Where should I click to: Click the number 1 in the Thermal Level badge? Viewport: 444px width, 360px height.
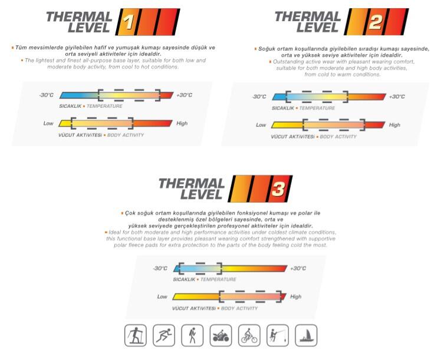pos(129,22)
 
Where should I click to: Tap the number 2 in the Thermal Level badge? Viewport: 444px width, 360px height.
pos(376,22)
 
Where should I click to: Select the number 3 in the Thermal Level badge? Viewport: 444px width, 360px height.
pos(278,189)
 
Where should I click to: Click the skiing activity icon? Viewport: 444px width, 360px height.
pos(136,335)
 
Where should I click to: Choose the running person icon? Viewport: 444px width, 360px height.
pos(164,335)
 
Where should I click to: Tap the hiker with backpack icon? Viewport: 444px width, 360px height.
pos(192,335)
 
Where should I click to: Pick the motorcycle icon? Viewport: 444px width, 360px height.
pos(221,335)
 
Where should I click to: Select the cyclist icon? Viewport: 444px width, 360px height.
pos(249,335)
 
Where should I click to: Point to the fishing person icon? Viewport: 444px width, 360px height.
pos(278,335)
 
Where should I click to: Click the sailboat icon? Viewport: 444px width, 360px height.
pos(306,335)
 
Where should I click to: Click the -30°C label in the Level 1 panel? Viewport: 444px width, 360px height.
pos(47,95)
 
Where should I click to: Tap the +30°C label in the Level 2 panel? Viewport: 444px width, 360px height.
pos(397,97)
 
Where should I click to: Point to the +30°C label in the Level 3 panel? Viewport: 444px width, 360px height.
pos(298,268)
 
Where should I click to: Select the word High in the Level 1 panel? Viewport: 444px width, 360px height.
pos(182,123)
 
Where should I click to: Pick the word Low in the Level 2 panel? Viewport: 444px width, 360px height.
pos(261,125)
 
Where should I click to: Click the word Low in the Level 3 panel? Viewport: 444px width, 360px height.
pos(162,296)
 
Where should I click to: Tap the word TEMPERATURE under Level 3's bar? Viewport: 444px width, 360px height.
pos(218,279)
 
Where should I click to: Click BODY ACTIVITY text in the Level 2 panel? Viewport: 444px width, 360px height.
pos(338,137)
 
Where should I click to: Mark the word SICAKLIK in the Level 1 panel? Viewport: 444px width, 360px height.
pos(70,106)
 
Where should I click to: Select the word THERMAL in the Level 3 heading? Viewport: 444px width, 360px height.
pos(192,184)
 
